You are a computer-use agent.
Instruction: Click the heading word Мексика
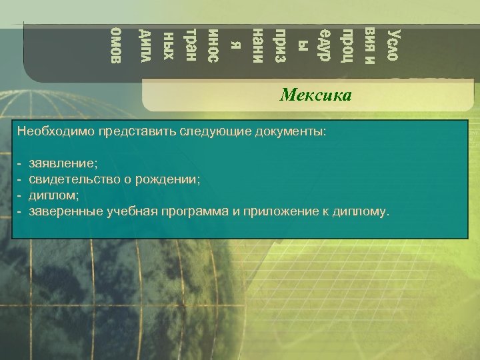315,95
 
